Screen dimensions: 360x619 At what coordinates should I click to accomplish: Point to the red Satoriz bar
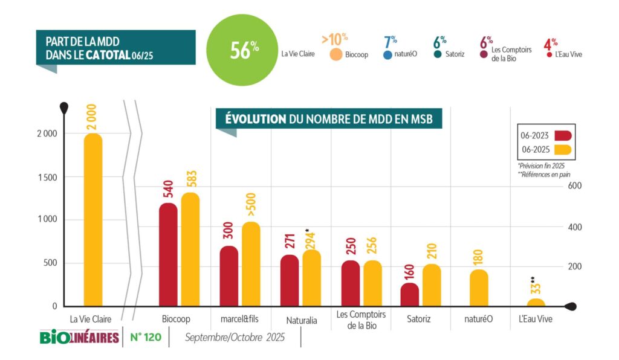[409, 295]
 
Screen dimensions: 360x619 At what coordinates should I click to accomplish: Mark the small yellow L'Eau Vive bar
[536, 303]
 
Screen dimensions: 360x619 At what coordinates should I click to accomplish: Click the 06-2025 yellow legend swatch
[563, 150]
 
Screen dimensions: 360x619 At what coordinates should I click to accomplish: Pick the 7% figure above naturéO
[390, 42]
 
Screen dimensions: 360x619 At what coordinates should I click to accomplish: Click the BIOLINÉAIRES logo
[79, 337]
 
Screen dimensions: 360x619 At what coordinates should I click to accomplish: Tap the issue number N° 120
[146, 337]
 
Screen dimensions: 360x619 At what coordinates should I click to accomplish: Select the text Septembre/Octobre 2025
[235, 337]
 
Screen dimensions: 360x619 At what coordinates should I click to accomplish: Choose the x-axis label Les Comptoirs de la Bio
[361, 320]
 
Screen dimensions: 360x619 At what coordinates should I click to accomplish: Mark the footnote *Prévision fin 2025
[542, 166]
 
